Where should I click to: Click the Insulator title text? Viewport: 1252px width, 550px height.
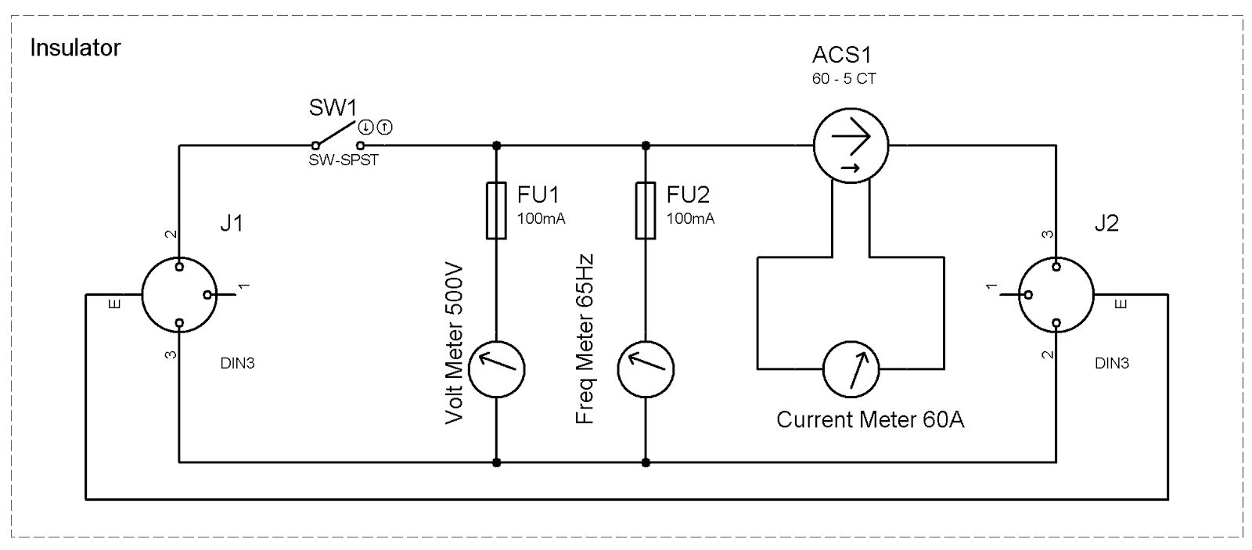(x=75, y=49)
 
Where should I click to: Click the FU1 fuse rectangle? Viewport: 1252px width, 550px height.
(x=496, y=210)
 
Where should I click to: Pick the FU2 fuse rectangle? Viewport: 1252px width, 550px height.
(x=646, y=210)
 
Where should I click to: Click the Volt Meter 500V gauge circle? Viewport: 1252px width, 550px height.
(x=496, y=368)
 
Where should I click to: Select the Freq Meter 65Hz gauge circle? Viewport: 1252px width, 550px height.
(x=646, y=368)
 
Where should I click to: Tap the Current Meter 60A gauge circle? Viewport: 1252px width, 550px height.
(x=851, y=368)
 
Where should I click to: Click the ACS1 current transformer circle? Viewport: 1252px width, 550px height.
(x=851, y=145)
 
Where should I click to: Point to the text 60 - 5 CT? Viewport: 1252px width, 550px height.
(x=844, y=79)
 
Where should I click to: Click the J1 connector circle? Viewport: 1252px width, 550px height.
(x=179, y=295)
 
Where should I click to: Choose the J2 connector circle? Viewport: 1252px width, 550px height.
(x=1056, y=295)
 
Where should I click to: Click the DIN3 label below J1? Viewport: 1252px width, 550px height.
(x=236, y=364)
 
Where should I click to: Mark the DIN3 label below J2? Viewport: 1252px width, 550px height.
(x=1112, y=364)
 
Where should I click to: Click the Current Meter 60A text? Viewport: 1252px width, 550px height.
(x=869, y=420)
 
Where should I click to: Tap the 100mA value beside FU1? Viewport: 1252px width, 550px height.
(x=541, y=219)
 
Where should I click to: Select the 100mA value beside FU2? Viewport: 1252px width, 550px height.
(x=690, y=219)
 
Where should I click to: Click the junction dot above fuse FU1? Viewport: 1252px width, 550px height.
(x=496, y=146)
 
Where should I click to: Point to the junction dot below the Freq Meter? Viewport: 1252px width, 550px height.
(x=646, y=462)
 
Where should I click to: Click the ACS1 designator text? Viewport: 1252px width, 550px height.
(x=841, y=56)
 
